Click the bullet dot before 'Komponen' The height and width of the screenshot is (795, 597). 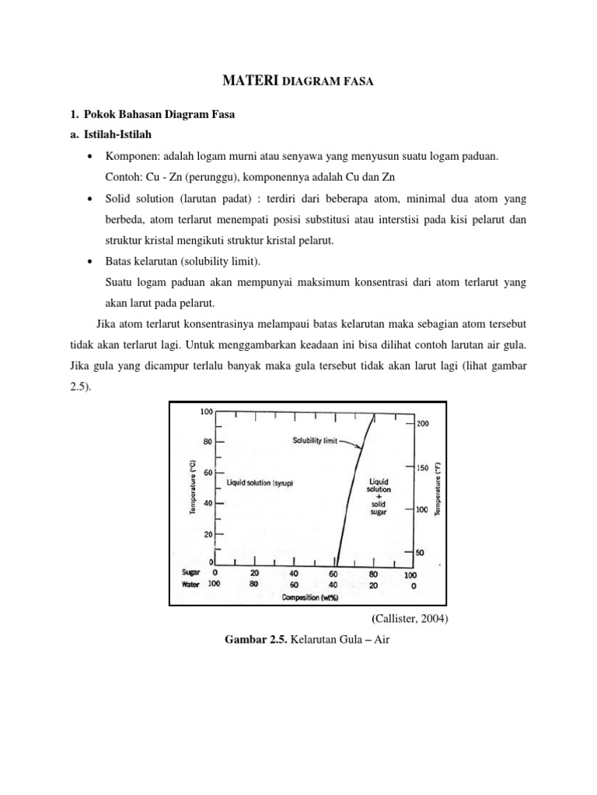(91, 158)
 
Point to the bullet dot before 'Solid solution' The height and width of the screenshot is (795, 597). (91, 200)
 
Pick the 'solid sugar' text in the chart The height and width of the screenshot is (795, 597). (377, 507)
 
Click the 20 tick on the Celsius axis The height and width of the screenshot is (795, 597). (207, 534)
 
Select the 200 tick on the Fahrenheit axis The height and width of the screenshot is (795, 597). (423, 424)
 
